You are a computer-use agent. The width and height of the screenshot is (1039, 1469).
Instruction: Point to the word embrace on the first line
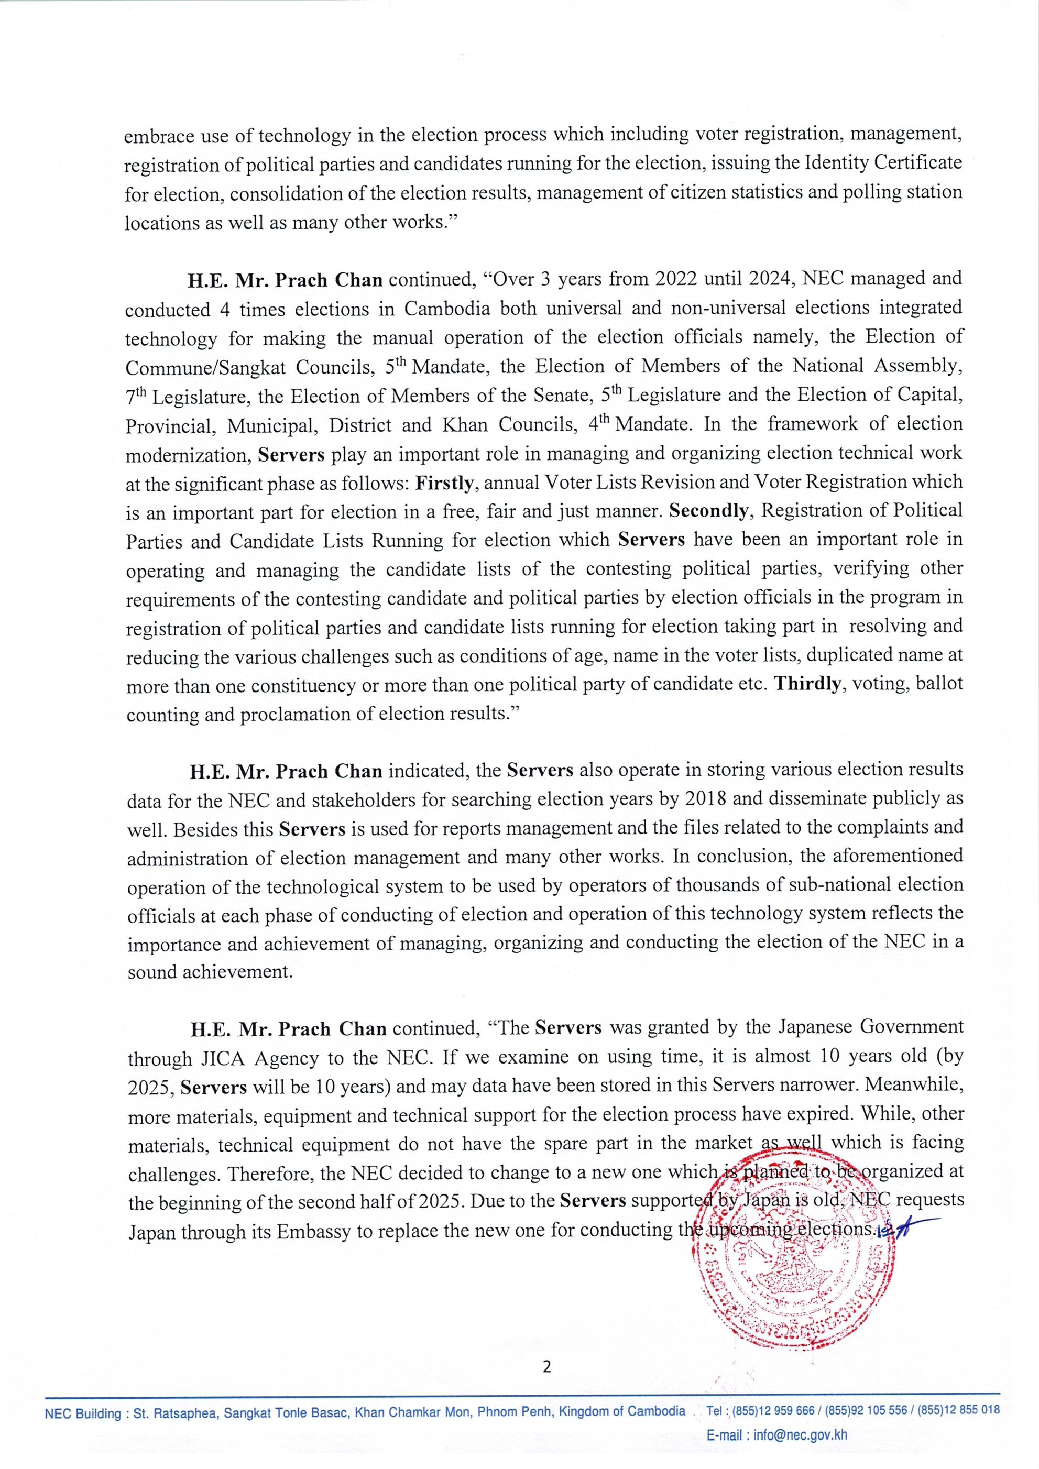coord(155,136)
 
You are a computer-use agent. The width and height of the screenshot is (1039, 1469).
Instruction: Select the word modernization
coord(188,455)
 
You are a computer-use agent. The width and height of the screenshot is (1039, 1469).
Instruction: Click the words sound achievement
coord(209,972)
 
